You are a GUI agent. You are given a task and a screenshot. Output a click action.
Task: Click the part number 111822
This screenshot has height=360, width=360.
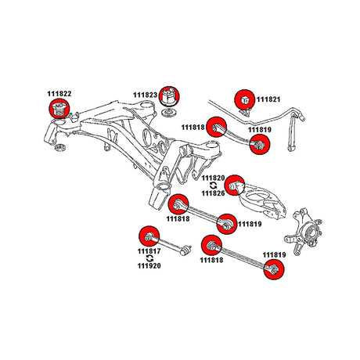[x=59, y=94]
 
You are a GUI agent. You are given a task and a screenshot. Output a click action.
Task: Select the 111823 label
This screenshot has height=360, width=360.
[x=146, y=95]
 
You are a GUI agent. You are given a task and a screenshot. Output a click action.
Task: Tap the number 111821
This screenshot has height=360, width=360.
[x=268, y=99]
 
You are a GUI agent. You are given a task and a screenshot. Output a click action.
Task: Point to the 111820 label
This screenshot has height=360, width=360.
[x=213, y=178]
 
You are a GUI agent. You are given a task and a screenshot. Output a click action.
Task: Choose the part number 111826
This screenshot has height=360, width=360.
[x=213, y=193]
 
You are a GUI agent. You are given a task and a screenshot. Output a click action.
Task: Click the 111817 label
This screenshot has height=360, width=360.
[x=149, y=251]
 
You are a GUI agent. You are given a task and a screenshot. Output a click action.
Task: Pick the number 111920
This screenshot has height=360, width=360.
[x=149, y=266]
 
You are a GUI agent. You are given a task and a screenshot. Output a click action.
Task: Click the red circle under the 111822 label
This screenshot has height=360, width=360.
[x=59, y=109]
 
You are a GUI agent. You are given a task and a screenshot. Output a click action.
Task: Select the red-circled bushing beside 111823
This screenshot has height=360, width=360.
[x=170, y=96]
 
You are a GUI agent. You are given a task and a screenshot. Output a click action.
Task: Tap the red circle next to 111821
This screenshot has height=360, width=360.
[x=244, y=99]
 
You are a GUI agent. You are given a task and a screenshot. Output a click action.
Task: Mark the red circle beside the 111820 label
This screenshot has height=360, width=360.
[x=235, y=185]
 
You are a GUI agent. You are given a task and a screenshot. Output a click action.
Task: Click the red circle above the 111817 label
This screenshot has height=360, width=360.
[x=149, y=236]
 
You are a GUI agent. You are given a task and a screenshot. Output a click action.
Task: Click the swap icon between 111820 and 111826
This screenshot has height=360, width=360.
[x=213, y=185]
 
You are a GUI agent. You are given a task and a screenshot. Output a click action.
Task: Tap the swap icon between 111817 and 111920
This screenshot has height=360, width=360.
[x=149, y=258]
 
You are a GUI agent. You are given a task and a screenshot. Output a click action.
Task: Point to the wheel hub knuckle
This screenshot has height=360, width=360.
[x=304, y=231]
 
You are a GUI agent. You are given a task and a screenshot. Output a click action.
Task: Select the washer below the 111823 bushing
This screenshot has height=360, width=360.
[x=168, y=113]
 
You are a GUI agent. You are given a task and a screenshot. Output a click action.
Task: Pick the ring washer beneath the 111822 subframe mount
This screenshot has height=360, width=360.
[x=60, y=147]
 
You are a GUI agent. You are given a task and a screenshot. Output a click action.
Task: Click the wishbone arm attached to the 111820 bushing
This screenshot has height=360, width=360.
[x=260, y=201]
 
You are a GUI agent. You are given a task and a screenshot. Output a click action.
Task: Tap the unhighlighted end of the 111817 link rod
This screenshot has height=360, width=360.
[x=186, y=250]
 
